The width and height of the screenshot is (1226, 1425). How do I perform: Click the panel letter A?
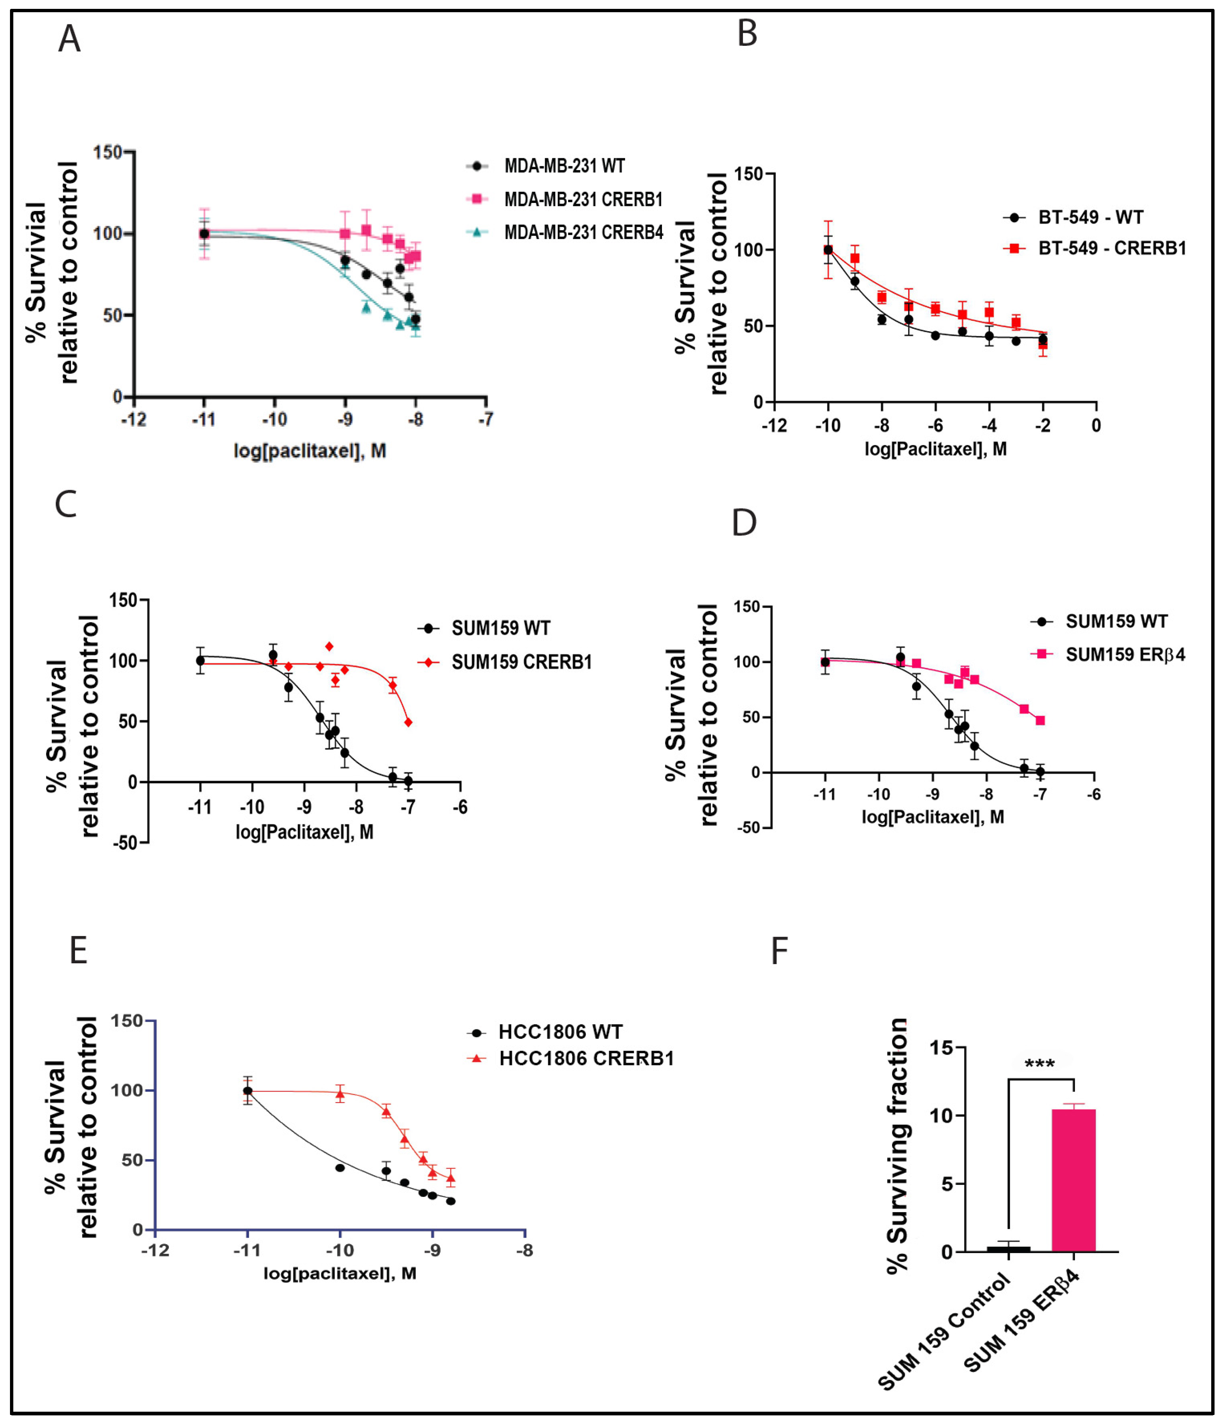(69, 39)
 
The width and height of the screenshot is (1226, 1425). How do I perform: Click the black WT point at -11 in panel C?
(200, 660)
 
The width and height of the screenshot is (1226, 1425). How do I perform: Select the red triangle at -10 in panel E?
(340, 1093)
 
